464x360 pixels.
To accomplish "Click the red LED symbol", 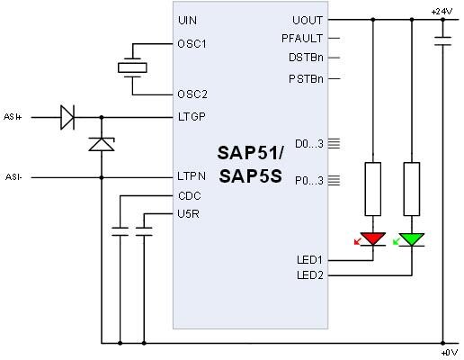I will pyautogui.click(x=372, y=239).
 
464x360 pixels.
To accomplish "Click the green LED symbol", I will pyautogui.click(x=413, y=239).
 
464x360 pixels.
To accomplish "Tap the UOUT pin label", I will pyautogui.click(x=308, y=20).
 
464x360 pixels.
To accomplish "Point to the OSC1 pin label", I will pyautogui.click(x=192, y=42).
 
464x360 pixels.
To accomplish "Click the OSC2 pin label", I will pyautogui.click(x=192, y=94).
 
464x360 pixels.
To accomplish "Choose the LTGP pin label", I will pyautogui.click(x=192, y=116).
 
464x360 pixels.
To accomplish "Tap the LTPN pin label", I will pyautogui.click(x=192, y=176).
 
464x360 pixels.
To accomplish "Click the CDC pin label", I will pyautogui.click(x=189, y=194).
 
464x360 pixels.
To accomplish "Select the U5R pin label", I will pyautogui.click(x=189, y=212).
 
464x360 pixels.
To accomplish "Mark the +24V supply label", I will pyautogui.click(x=442, y=11).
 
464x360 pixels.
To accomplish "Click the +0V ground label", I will pyautogui.click(x=448, y=353).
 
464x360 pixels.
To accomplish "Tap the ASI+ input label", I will pyautogui.click(x=14, y=116).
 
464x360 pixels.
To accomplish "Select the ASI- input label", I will pyautogui.click(x=14, y=176).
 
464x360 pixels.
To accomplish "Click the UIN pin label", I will pyautogui.click(x=187, y=20).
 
